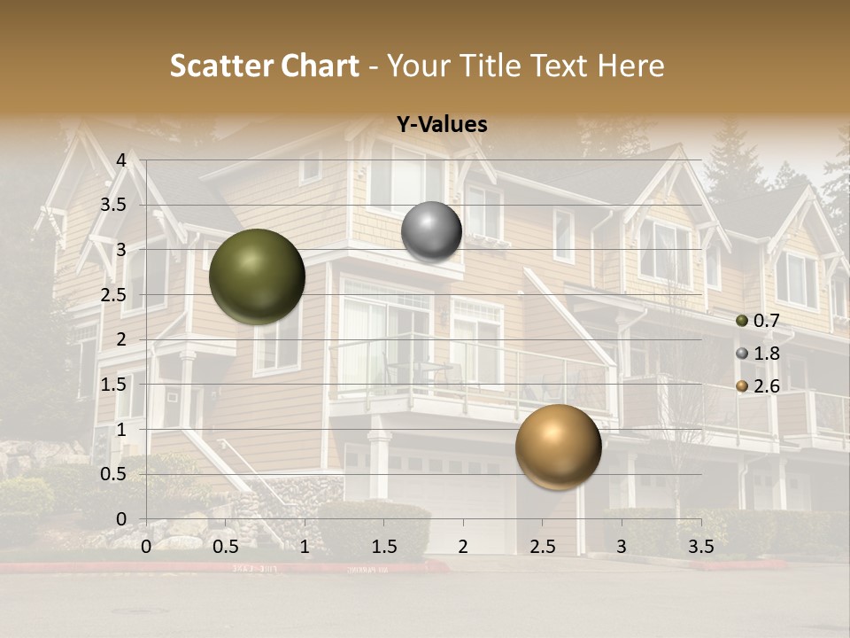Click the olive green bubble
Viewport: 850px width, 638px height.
point(257,276)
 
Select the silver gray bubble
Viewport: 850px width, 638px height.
point(431,232)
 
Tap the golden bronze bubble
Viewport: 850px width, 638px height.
point(558,447)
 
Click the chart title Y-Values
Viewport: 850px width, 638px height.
point(442,125)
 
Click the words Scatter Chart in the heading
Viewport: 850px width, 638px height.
point(264,66)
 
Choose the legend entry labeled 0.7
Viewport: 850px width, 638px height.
point(758,321)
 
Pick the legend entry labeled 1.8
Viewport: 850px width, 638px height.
point(758,354)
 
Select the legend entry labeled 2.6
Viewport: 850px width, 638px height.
point(758,386)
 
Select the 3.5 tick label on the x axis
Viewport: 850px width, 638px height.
point(700,546)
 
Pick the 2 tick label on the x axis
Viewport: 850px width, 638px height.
point(463,546)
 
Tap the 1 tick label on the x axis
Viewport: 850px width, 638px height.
point(305,546)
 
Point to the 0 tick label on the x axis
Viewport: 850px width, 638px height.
point(146,546)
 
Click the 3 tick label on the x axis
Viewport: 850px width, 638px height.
point(622,546)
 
